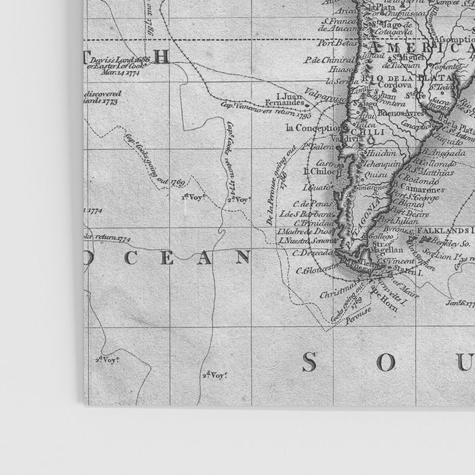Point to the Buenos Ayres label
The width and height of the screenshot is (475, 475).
[x=382, y=113]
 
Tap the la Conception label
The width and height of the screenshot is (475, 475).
[x=313, y=128]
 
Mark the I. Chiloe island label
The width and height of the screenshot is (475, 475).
[x=318, y=171]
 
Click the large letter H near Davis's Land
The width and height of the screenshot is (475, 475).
[x=161, y=57]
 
